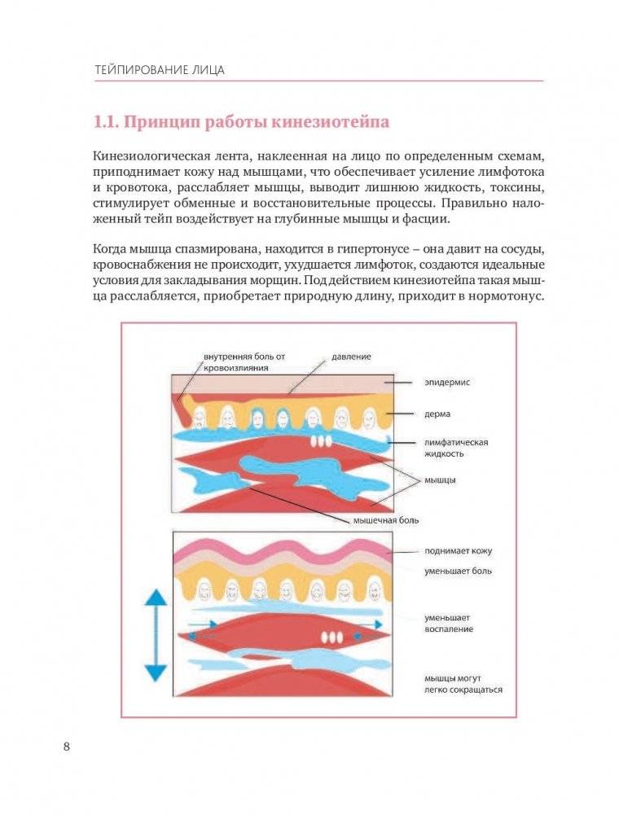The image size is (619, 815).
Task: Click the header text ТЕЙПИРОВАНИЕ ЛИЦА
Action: pyautogui.click(x=159, y=69)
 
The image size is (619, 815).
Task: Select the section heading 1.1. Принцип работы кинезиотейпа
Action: pyautogui.click(x=241, y=123)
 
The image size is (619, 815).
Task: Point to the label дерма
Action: pyautogui.click(x=437, y=414)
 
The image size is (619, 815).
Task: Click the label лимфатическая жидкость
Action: pyautogui.click(x=455, y=447)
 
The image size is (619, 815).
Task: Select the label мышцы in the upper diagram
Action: pyautogui.click(x=440, y=480)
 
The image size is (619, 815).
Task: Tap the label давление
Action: pyautogui.click(x=351, y=357)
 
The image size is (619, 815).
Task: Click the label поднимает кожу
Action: pyautogui.click(x=457, y=551)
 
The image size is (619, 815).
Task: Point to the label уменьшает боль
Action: pyautogui.click(x=457, y=571)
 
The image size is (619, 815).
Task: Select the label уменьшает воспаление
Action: pyautogui.click(x=448, y=624)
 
